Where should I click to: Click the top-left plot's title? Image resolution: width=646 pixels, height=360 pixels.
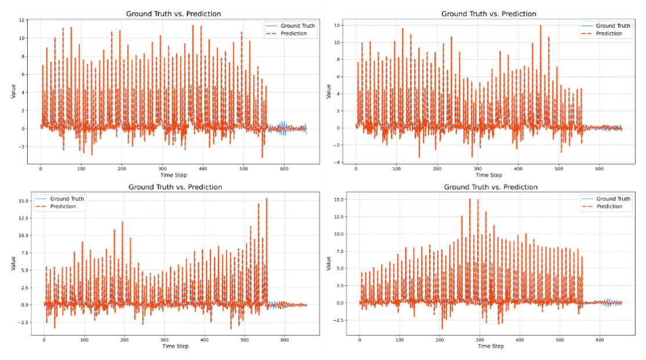pyautogui.click(x=173, y=13)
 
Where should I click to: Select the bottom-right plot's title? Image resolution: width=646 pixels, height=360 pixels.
pyautogui.click(x=491, y=187)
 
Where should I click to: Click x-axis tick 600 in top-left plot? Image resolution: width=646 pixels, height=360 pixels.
pyautogui.click(x=284, y=168)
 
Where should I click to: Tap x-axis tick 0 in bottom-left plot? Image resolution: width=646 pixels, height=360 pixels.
pyautogui.click(x=44, y=339)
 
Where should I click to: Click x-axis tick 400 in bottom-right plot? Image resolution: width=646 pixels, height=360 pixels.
pyautogui.click(x=520, y=339)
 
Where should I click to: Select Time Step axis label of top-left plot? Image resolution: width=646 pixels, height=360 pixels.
pyautogui.click(x=173, y=174)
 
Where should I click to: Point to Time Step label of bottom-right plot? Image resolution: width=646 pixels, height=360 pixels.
pyautogui.click(x=491, y=346)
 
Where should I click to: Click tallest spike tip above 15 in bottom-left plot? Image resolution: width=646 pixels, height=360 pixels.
pyautogui.click(x=266, y=199)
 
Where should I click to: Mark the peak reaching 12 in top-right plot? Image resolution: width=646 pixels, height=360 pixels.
pyautogui.click(x=540, y=26)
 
